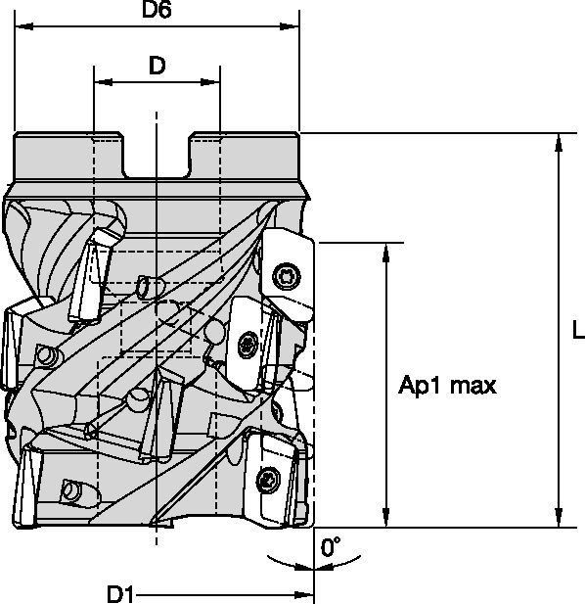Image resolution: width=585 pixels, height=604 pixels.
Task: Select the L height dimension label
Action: pos(577,332)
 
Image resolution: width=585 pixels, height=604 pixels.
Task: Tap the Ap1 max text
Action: pos(447,386)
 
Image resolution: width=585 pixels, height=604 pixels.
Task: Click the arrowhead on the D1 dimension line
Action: pos(305,593)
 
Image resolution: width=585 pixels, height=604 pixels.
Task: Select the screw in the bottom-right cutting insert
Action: pos(270,479)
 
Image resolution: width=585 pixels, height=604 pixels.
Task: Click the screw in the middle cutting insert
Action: pos(246,344)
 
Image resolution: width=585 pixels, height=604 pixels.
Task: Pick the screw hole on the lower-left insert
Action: pos(70,487)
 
